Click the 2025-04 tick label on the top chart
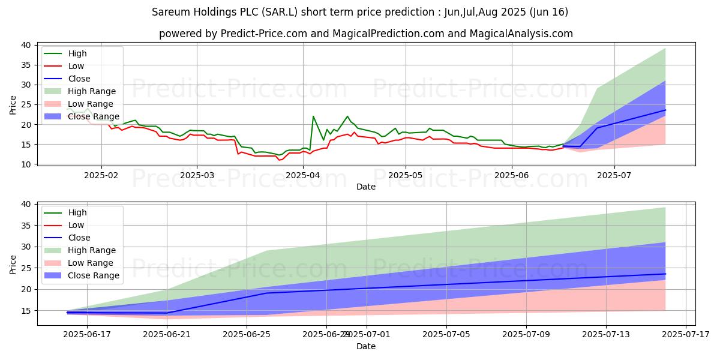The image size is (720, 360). click(x=303, y=175)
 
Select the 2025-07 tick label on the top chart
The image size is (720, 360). click(x=614, y=175)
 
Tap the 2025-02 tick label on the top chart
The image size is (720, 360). click(x=101, y=175)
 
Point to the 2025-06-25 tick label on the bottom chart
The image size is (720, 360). click(x=247, y=335)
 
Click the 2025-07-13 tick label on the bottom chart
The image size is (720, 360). click(x=606, y=335)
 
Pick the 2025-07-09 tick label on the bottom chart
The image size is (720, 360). click(x=526, y=335)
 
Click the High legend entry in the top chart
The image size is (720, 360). click(x=76, y=53)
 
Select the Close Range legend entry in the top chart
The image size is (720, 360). click(x=94, y=116)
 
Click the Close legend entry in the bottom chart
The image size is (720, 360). click(x=79, y=238)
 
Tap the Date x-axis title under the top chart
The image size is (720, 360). click(x=366, y=187)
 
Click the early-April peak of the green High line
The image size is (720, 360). click(x=313, y=116)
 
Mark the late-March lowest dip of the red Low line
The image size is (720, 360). click(x=278, y=160)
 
